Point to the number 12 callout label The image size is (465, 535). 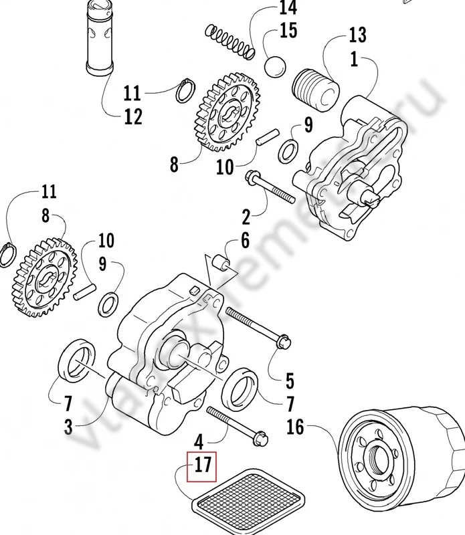pyautogui.click(x=132, y=116)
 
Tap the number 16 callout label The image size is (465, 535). pyautogui.click(x=294, y=425)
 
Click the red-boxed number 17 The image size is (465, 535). pyautogui.click(x=202, y=466)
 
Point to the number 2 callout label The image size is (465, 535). pyautogui.click(x=246, y=217)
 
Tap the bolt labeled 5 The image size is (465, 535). pyautogui.click(x=258, y=327)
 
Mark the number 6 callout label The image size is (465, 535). pyautogui.click(x=245, y=240)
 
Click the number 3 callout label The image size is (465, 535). pyautogui.click(x=68, y=426)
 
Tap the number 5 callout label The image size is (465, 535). pyautogui.click(x=289, y=381)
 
